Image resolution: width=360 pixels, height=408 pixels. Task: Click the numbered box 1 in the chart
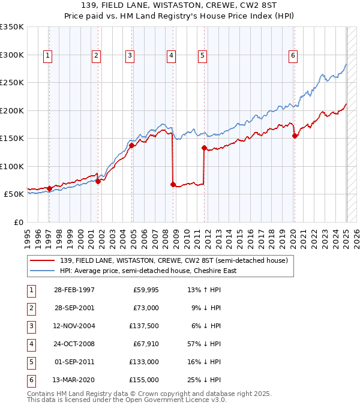pyautogui.click(x=47, y=56)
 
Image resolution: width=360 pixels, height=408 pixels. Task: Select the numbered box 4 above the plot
pyautogui.click(x=171, y=56)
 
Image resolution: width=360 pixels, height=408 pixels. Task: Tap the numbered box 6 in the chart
pyautogui.click(x=293, y=56)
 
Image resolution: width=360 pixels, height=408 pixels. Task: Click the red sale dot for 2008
pyautogui.click(x=173, y=185)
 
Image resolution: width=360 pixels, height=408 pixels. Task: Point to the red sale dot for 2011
pyautogui.click(x=204, y=148)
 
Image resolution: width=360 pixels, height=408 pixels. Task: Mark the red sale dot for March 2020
pyautogui.click(x=295, y=136)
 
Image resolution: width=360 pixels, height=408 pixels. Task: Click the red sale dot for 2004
pyautogui.click(x=131, y=145)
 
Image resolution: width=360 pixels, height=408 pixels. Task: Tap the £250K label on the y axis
pyautogui.click(x=12, y=83)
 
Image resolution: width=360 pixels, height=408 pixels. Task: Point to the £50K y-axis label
pyautogui.click(x=14, y=194)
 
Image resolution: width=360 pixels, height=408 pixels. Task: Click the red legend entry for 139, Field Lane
pyautogui.click(x=175, y=260)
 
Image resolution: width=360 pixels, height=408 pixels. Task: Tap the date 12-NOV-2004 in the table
pyautogui.click(x=74, y=326)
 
